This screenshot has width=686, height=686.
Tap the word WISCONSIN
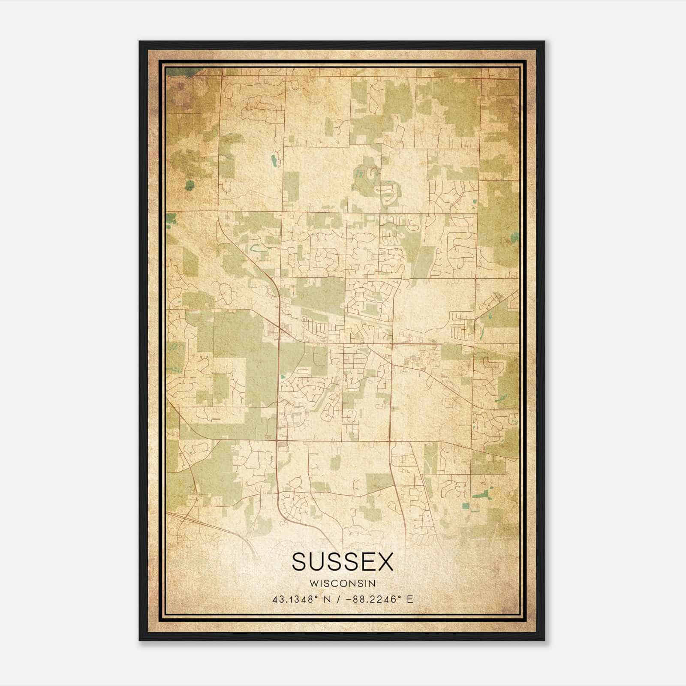343,584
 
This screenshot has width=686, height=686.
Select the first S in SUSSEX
301,562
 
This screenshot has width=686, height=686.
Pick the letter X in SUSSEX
385,562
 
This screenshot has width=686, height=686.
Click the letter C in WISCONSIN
337,584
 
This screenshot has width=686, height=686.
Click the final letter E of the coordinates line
410,599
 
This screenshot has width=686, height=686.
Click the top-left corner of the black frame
140,42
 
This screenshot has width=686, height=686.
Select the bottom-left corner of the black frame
140,640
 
